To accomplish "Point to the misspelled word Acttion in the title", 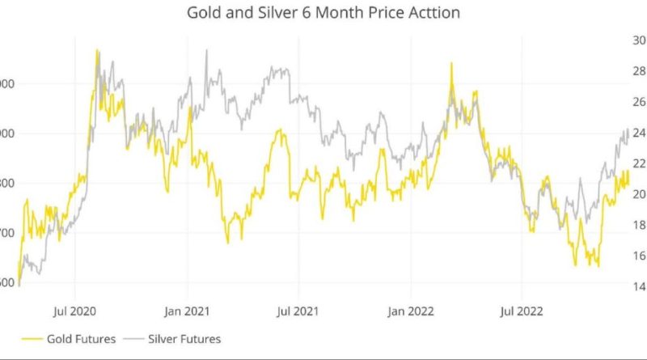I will point(432,14).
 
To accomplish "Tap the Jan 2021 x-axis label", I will point(187,309).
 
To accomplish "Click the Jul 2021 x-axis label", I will point(298,309).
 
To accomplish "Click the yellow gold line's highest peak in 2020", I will point(97,50).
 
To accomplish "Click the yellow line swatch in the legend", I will point(32,338).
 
